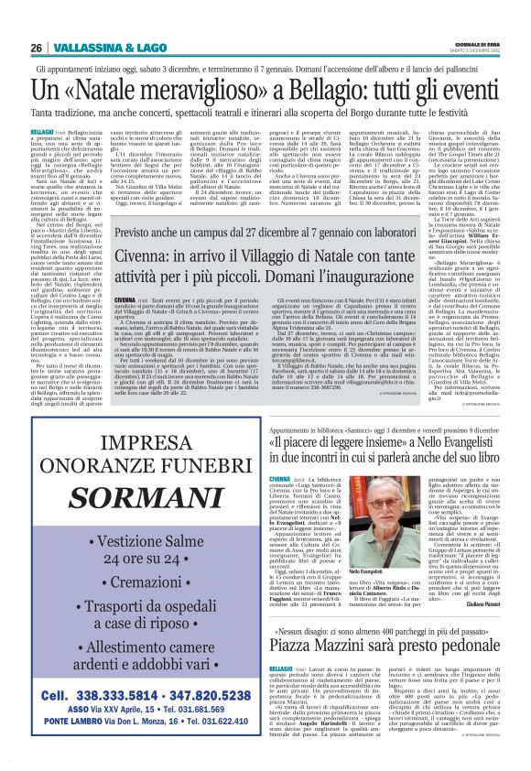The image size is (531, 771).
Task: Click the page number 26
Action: tap(37, 48)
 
